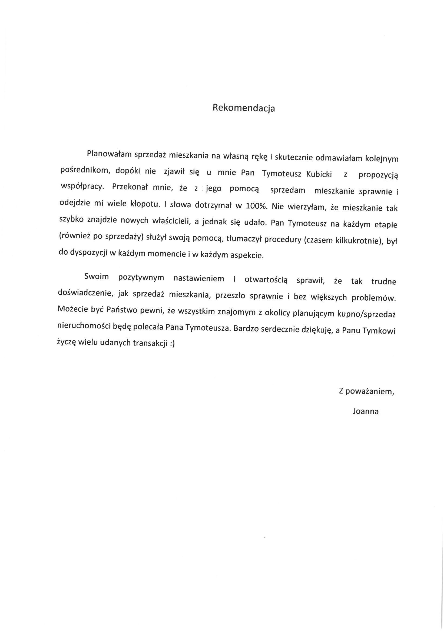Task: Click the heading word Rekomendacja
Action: [x=243, y=108]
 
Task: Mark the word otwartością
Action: [x=266, y=280]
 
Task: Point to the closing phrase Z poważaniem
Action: [x=366, y=392]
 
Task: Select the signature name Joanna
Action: [x=365, y=412]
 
